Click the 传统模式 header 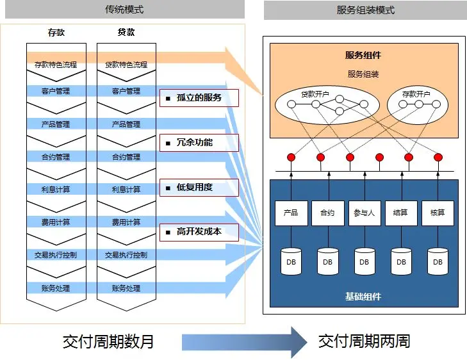[x=123, y=10]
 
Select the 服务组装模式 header [x=365, y=10]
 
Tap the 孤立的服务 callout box [x=199, y=98]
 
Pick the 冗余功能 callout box [x=199, y=143]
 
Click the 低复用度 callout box [x=199, y=188]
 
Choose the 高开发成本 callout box [x=199, y=232]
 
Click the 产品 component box [x=291, y=213]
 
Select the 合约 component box [x=327, y=213]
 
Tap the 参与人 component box [x=364, y=213]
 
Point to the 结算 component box [x=400, y=213]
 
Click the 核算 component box [x=438, y=213]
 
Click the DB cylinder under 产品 [x=291, y=261]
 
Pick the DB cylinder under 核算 [x=438, y=261]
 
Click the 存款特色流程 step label [x=55, y=65]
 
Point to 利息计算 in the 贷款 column [x=126, y=190]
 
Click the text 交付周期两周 [x=365, y=341]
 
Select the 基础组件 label [x=363, y=297]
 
